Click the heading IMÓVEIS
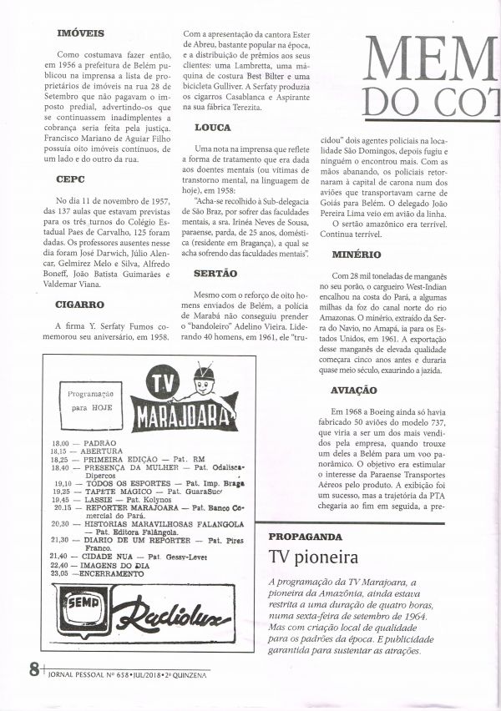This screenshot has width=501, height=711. click(x=73, y=35)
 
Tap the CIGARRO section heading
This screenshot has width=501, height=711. click(x=80, y=305)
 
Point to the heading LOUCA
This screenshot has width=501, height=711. click(x=212, y=128)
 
